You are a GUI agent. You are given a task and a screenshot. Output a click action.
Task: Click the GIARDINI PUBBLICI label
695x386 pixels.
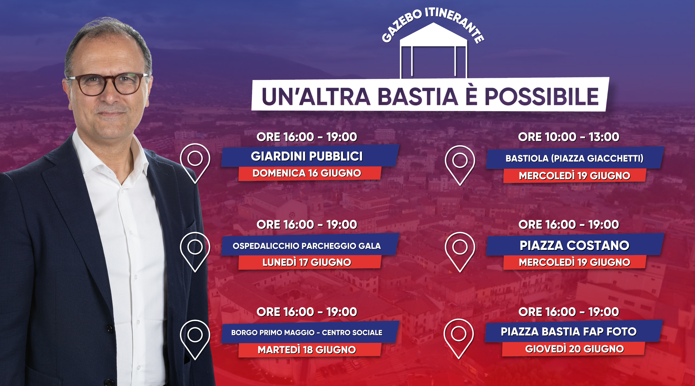point(307,156)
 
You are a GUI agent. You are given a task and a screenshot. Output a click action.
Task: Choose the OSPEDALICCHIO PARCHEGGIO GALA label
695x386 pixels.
point(307,246)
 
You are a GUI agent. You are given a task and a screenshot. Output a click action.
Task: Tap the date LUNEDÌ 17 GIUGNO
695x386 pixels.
point(307,262)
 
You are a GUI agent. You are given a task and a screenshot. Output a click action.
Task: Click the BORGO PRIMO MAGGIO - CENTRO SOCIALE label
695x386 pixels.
point(307,333)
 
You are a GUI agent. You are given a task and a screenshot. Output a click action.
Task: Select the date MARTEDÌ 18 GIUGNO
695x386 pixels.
point(307,350)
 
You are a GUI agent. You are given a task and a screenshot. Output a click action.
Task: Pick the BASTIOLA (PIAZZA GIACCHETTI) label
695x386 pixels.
point(574,158)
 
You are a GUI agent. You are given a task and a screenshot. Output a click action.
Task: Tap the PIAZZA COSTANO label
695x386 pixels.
point(574,246)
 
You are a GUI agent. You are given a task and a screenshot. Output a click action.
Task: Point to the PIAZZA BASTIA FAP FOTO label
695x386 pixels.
point(569,331)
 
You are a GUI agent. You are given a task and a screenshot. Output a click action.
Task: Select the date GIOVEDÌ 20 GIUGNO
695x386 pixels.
point(574,349)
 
